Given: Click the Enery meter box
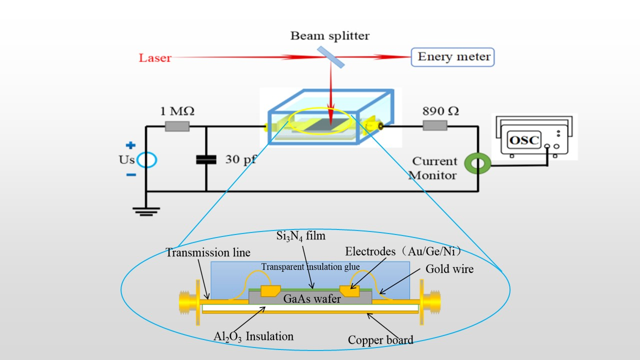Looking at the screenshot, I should pyautogui.click(x=453, y=57).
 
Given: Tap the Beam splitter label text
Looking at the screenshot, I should pyautogui.click(x=330, y=36).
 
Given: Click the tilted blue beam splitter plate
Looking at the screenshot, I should pyautogui.click(x=330, y=56).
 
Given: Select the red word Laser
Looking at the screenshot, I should pyautogui.click(x=155, y=58).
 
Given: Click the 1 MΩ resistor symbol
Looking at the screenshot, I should pyautogui.click(x=177, y=126).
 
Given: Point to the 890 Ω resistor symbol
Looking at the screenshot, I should pyautogui.click(x=434, y=126).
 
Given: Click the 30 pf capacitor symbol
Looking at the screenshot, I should pyautogui.click(x=206, y=159).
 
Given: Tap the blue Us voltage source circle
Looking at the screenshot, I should pyautogui.click(x=147, y=160).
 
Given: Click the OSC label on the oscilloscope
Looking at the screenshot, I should pyautogui.click(x=524, y=140).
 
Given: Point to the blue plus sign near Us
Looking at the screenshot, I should pyautogui.click(x=130, y=146).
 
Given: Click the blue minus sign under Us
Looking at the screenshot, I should pyautogui.click(x=130, y=175).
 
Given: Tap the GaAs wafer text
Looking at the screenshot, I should pyautogui.click(x=312, y=299).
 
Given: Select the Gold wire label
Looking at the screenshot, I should pyautogui.click(x=449, y=269).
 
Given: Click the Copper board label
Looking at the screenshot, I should pyautogui.click(x=380, y=340).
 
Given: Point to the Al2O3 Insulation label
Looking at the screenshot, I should pyautogui.click(x=253, y=336).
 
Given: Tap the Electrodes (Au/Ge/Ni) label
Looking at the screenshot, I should pyautogui.click(x=402, y=251).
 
